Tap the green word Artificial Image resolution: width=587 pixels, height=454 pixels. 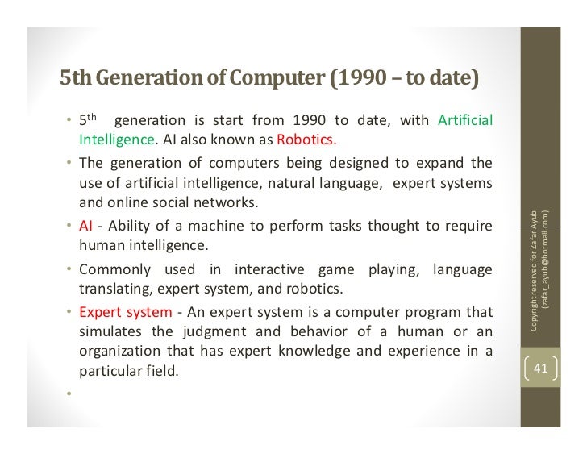pos(465,121)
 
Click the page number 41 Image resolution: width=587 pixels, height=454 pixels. pos(541,369)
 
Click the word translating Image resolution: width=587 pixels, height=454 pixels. pos(112,288)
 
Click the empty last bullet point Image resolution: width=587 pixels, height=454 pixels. pos(70,394)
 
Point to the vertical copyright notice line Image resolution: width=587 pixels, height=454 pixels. pos(533,266)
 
